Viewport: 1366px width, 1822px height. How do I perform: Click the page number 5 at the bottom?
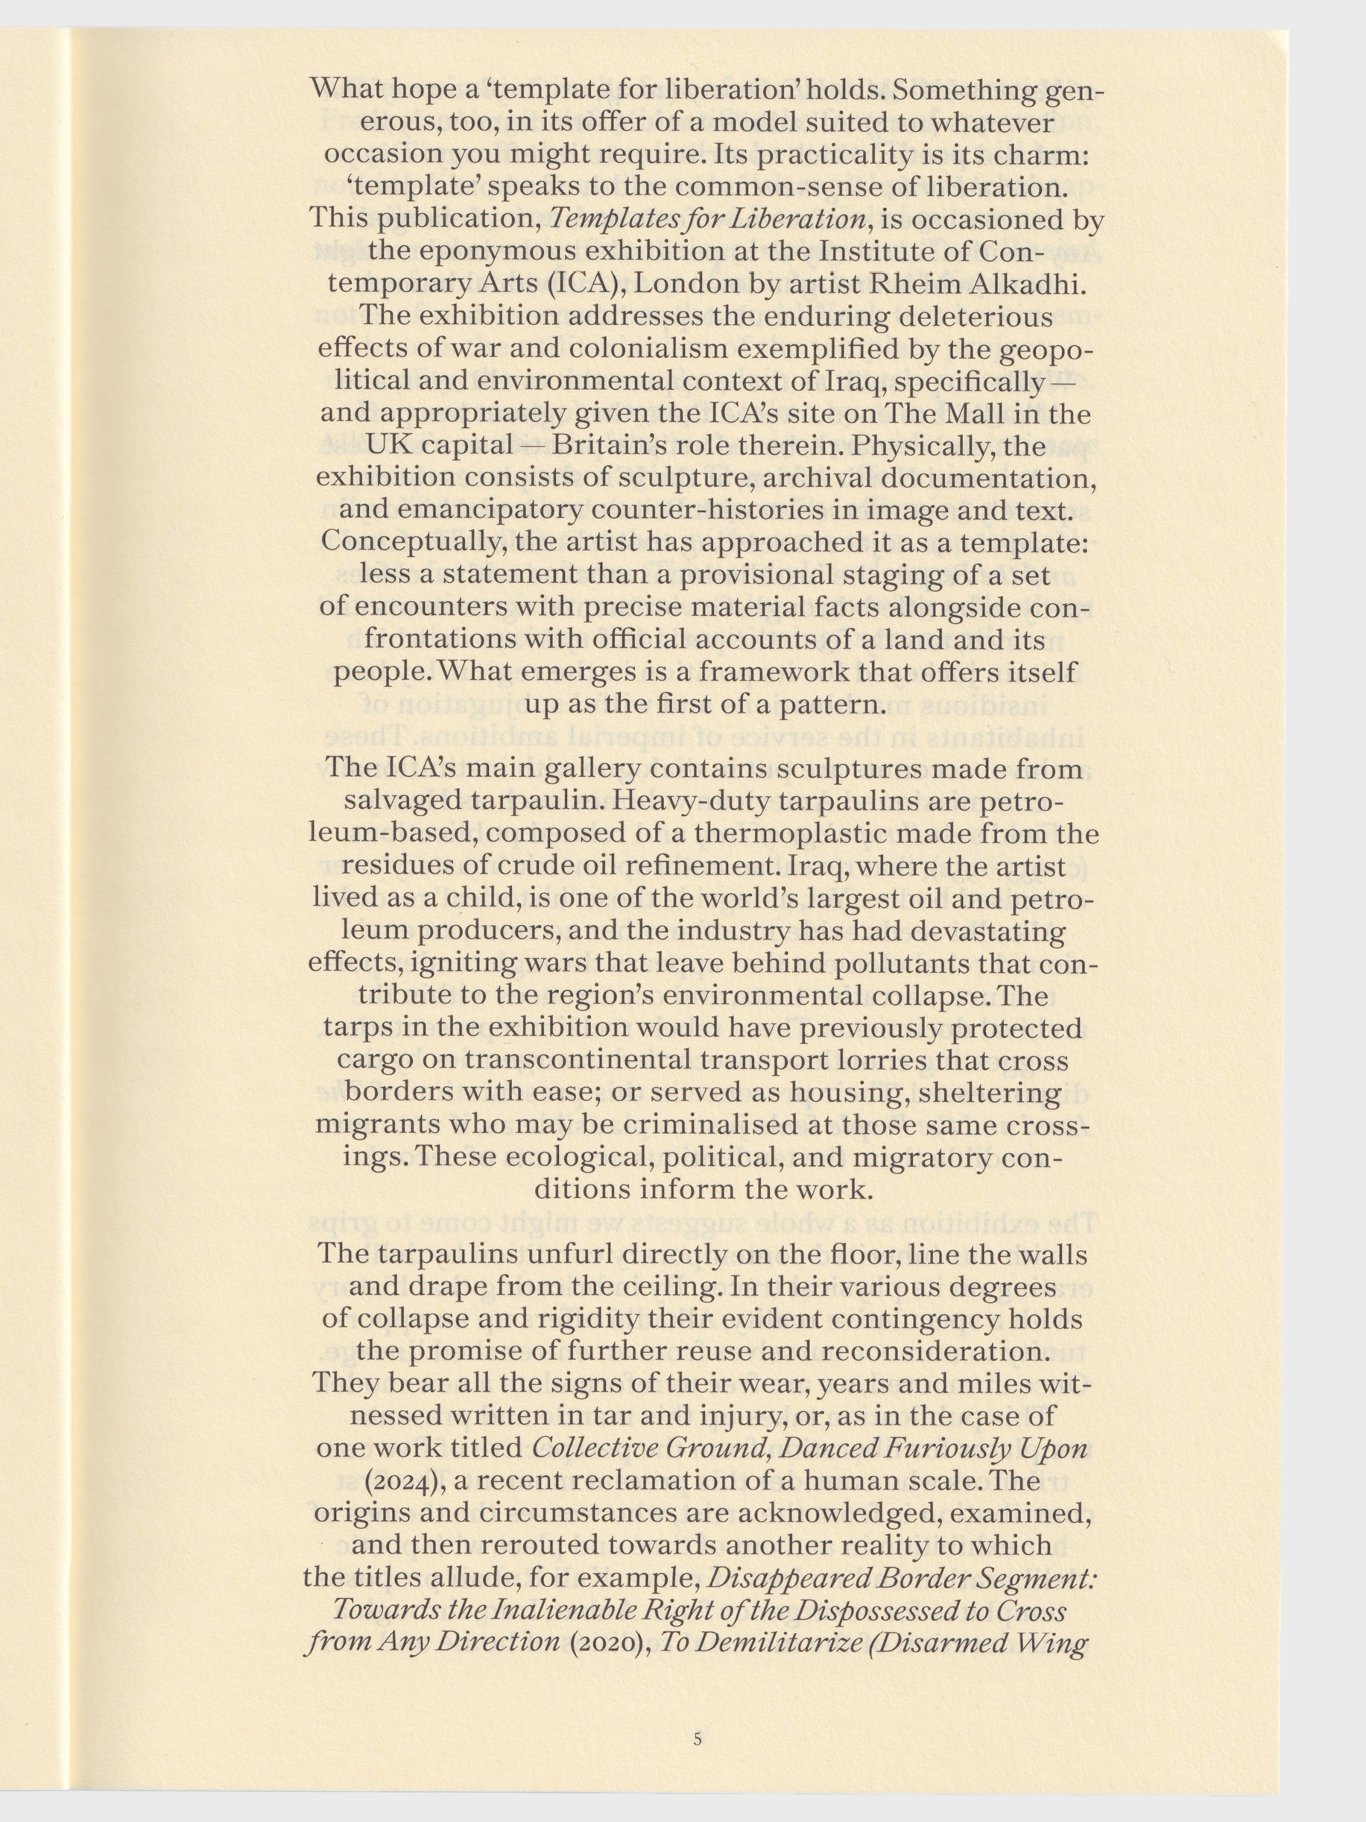(x=698, y=1711)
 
